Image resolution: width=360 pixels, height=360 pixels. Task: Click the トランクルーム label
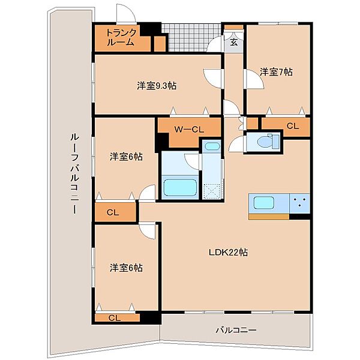click(x=121, y=37)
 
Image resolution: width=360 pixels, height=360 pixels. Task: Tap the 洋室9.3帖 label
click(x=157, y=86)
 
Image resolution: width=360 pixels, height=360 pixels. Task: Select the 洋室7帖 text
click(x=276, y=72)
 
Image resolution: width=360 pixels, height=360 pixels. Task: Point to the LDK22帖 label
click(x=228, y=253)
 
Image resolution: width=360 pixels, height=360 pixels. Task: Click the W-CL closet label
click(x=189, y=130)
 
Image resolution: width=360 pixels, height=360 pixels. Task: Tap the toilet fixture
click(x=268, y=141)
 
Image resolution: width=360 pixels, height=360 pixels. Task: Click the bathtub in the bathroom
click(x=180, y=187)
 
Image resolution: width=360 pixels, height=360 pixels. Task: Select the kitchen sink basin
click(x=264, y=203)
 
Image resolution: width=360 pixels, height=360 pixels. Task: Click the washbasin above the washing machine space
click(x=212, y=146)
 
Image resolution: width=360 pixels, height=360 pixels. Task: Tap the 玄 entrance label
click(x=234, y=42)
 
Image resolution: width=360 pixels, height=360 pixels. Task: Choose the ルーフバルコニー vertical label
click(x=75, y=174)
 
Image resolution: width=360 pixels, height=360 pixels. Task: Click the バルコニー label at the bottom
click(x=236, y=331)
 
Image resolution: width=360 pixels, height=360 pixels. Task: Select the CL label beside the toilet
click(x=293, y=126)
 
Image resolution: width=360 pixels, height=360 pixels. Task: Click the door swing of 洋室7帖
click(x=255, y=79)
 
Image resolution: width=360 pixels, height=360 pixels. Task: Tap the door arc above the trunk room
click(x=126, y=13)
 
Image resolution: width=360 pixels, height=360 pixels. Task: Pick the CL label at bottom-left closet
click(x=115, y=318)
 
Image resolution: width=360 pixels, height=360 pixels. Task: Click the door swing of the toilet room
click(x=236, y=143)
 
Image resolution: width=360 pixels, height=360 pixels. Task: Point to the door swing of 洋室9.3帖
click(x=212, y=78)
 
